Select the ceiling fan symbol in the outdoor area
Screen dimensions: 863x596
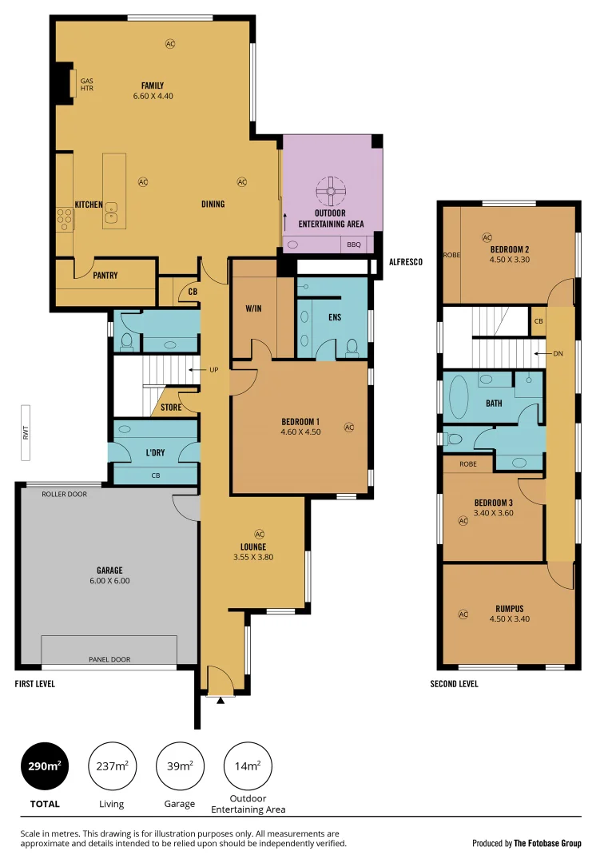tap(330, 192)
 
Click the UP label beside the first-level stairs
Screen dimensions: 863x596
tap(213, 370)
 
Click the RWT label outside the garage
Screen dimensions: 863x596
tap(26, 433)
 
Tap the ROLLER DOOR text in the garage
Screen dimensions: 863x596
tap(65, 494)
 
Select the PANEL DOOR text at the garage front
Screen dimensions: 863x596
tap(109, 659)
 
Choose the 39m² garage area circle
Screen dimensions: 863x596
tap(179, 766)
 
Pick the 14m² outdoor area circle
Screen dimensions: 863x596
tap(247, 766)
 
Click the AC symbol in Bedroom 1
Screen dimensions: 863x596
tap(348, 428)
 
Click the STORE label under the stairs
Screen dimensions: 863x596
tap(171, 408)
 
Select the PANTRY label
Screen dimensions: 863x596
tap(105, 276)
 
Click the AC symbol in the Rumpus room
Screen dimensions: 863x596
tap(463, 614)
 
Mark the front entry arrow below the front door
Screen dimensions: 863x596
tap(221, 700)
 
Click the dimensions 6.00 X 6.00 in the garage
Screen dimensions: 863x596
tap(109, 581)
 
